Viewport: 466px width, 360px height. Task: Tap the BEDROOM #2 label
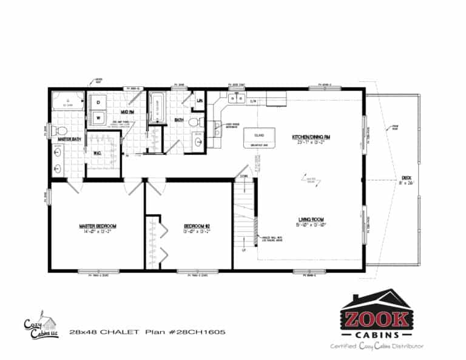click(197, 226)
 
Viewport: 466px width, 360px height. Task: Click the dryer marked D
click(98, 102)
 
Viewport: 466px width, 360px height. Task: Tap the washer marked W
click(98, 117)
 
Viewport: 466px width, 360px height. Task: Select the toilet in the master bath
click(61, 131)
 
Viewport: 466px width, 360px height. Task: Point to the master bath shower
click(69, 101)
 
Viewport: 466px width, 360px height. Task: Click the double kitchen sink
click(236, 98)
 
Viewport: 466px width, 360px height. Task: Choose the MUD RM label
click(127, 112)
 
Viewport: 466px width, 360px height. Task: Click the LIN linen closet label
click(200, 101)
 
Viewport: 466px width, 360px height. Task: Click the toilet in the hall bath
click(195, 122)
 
